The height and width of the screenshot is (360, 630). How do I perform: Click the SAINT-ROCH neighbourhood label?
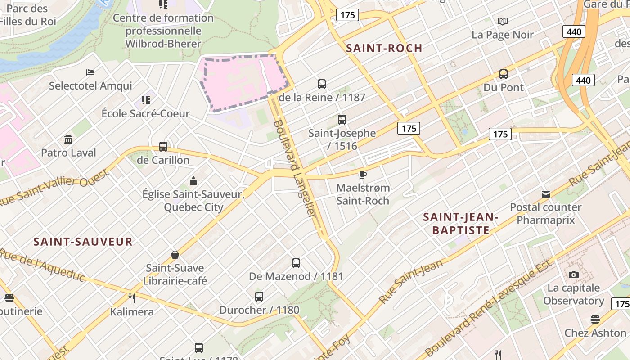click(x=384, y=48)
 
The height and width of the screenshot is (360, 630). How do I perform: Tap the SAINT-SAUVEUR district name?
click(x=83, y=242)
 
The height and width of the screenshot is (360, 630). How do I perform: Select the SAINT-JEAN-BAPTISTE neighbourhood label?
click(x=461, y=224)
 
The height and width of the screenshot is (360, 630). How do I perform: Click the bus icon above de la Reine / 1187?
click(x=322, y=84)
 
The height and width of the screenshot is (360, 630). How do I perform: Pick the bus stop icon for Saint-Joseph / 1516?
click(x=342, y=120)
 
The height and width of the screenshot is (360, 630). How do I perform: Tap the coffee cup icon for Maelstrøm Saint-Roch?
click(x=363, y=175)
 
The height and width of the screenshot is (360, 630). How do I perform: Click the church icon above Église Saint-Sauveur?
click(x=193, y=181)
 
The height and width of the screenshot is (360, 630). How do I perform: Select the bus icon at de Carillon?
click(x=163, y=147)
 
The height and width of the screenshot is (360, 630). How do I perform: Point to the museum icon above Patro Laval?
click(x=68, y=139)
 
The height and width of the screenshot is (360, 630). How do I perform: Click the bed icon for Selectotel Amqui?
click(x=90, y=72)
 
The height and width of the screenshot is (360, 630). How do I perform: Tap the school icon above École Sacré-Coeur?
click(x=145, y=100)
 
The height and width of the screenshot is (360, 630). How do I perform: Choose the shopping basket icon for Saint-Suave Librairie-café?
click(x=175, y=255)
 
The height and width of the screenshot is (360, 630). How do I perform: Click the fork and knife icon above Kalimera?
click(x=132, y=298)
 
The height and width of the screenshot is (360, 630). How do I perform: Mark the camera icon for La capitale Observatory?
click(x=573, y=274)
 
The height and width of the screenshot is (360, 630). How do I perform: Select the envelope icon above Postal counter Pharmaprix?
click(x=546, y=194)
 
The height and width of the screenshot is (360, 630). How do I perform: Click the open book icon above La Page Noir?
click(x=503, y=21)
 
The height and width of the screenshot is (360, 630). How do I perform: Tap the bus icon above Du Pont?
click(x=504, y=74)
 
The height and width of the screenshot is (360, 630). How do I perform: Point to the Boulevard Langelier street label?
click(x=295, y=169)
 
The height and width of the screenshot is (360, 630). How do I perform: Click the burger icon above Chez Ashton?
click(x=595, y=319)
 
